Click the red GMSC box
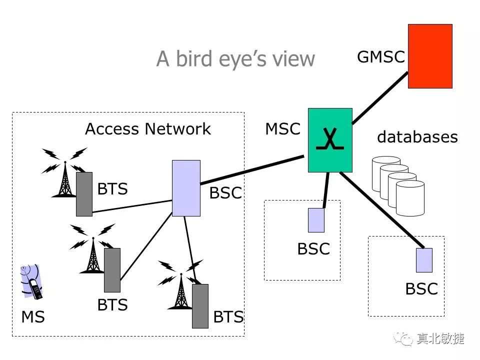[x=430, y=56]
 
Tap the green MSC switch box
[x=330, y=140]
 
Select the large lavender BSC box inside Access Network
[x=186, y=188]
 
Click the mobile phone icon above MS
[x=31, y=281]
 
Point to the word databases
[x=417, y=137]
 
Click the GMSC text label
[x=380, y=57]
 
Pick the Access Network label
[x=148, y=129]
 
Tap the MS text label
[x=33, y=316]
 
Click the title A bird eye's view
[x=235, y=59]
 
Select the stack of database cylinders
[x=398, y=185]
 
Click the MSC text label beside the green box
[x=282, y=129]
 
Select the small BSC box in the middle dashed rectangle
[x=316, y=220]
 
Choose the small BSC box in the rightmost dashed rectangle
[x=424, y=260]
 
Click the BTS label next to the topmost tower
[x=112, y=189]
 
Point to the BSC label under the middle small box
[x=313, y=248]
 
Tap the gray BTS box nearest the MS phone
[x=112, y=270]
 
